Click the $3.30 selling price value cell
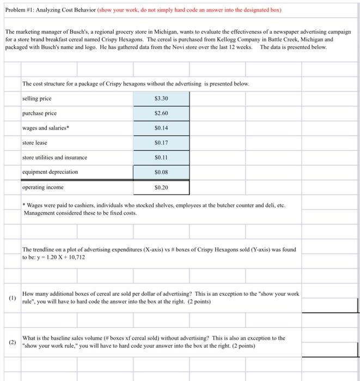point(161,99)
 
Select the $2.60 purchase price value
point(161,114)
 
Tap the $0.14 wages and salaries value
point(161,128)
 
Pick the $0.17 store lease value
point(161,143)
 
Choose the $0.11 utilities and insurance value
point(161,158)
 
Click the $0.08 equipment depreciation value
point(161,173)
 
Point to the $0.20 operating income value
point(161,187)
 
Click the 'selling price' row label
point(38,99)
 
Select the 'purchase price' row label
point(39,114)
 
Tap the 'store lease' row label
point(35,143)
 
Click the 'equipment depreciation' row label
point(50,172)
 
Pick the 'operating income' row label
point(42,187)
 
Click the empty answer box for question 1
point(330,305)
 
